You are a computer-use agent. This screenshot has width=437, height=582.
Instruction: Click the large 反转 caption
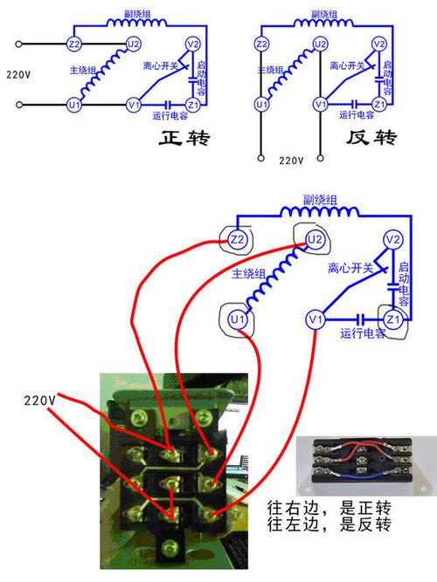coord(372,138)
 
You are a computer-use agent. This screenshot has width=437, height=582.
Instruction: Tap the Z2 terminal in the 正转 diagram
coord(74,44)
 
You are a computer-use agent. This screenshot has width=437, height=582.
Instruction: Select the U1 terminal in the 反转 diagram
coord(260,105)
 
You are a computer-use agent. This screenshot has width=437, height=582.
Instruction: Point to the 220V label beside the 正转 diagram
coord(19,73)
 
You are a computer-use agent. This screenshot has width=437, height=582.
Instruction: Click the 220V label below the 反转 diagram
coord(291,161)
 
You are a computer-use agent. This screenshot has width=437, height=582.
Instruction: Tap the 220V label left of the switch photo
coord(40,400)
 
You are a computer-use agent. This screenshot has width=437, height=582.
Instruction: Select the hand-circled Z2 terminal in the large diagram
coord(237,238)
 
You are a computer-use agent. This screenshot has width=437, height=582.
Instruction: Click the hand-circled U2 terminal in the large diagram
coord(316,237)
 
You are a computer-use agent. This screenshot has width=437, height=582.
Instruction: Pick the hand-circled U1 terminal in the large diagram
coord(237,320)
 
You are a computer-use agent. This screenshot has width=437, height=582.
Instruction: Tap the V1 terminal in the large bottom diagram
coord(316,320)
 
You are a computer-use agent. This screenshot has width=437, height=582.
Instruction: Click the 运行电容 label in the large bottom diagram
coord(364,335)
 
